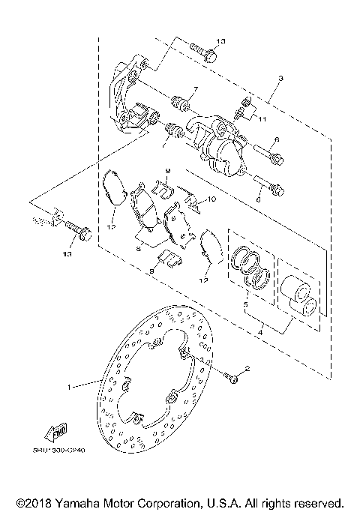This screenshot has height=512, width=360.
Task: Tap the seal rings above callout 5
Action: (251, 268)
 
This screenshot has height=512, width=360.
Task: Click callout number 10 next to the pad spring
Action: (212, 199)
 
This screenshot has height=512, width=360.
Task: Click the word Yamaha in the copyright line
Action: (75, 500)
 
